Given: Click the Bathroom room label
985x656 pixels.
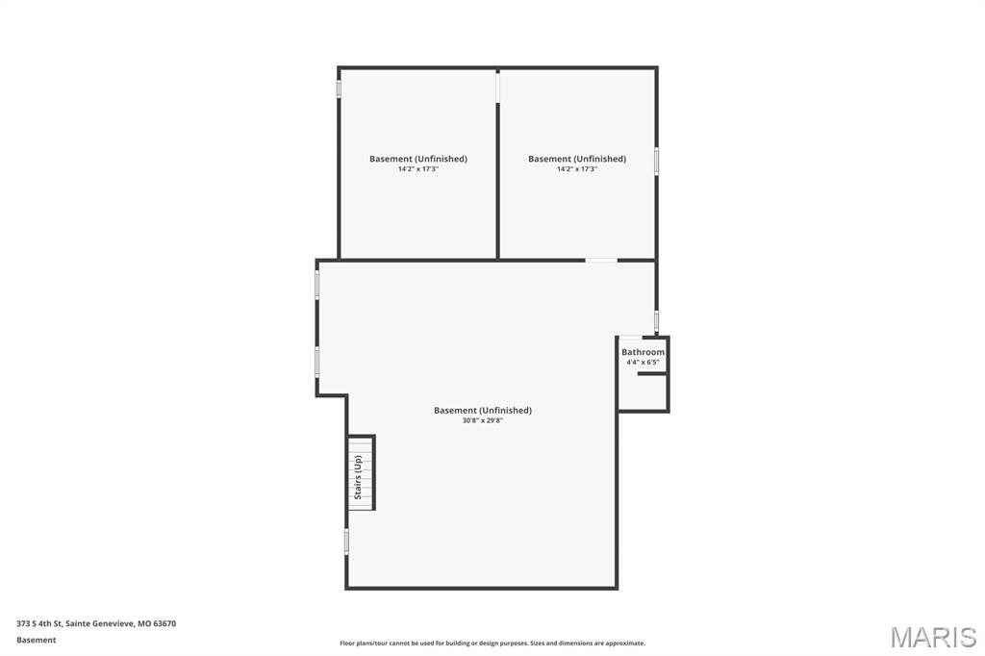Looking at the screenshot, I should [643, 352].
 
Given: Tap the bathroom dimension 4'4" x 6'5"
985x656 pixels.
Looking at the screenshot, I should [643, 363].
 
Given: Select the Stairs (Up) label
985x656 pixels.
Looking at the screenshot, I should [358, 477].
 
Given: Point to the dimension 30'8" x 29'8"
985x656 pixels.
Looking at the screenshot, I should [482, 420].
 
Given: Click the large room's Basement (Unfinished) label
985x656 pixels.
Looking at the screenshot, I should [482, 410].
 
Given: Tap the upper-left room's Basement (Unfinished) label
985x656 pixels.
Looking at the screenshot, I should [418, 159].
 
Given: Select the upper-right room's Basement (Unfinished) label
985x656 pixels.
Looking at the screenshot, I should [577, 159].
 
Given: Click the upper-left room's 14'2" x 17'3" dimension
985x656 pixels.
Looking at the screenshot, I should [418, 169].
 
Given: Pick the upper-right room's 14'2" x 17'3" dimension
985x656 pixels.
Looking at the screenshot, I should [577, 169].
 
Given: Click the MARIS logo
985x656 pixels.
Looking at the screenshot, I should [933, 636].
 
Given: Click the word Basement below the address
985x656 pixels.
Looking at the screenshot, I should [37, 640].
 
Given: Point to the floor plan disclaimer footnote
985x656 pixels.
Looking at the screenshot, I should [492, 643].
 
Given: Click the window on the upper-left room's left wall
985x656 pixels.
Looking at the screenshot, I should [339, 88].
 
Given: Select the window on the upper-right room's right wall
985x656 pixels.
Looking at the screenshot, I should [657, 160].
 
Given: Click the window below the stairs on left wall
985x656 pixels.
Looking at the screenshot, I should [346, 541].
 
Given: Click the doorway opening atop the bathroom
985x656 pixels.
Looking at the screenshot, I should [630, 337].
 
